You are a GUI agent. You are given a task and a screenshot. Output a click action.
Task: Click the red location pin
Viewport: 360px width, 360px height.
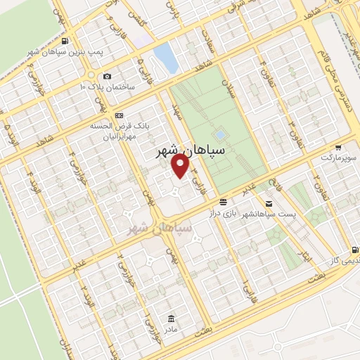[181, 165]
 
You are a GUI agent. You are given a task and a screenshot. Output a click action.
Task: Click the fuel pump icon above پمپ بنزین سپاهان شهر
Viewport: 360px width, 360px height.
[65, 41]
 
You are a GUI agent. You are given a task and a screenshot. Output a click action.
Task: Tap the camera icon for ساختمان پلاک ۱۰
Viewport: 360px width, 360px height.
[107, 76]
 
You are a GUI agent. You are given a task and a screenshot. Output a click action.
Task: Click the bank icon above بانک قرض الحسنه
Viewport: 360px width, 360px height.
[118, 115]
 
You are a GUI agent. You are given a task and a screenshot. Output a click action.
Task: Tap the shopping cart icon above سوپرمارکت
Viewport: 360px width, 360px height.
[338, 148]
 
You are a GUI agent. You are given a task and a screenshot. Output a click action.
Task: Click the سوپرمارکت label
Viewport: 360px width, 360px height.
[339, 159]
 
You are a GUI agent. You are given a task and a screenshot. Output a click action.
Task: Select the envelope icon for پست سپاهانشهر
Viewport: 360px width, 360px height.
[268, 203]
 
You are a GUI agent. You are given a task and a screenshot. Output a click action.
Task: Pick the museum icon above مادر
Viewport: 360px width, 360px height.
[172, 317]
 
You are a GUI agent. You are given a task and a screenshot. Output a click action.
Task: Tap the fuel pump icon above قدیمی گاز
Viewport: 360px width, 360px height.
[354, 250]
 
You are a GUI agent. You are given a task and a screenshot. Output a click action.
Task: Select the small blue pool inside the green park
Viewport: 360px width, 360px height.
[220, 134]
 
